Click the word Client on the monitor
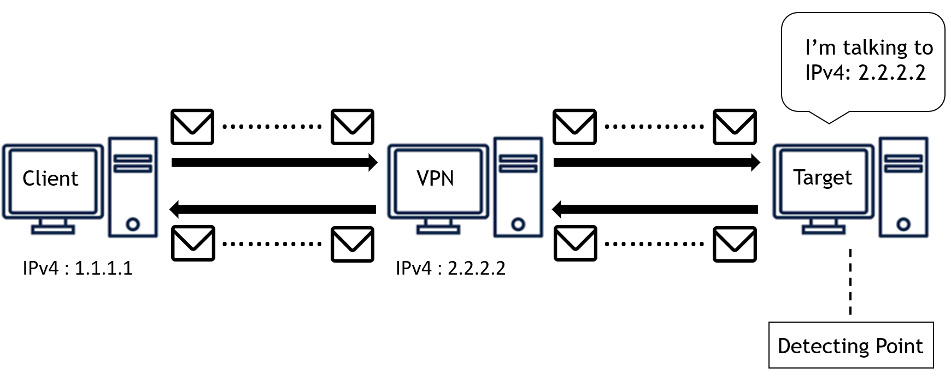pyautogui.click(x=50, y=179)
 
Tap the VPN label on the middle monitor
pyautogui.click(x=435, y=179)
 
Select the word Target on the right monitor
pyautogui.click(x=823, y=177)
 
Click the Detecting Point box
pyautogui.click(x=850, y=346)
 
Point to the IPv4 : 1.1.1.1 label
pyautogui.click(x=78, y=268)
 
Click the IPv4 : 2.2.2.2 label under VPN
pyautogui.click(x=450, y=268)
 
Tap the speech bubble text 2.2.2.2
pyautogui.click(x=891, y=73)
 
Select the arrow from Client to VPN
pyautogui.click(x=273, y=162)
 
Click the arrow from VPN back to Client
pyautogui.click(x=273, y=209)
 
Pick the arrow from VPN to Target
pyautogui.click(x=656, y=162)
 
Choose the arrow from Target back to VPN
pyautogui.click(x=656, y=209)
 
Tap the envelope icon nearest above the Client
pyautogui.click(x=192, y=127)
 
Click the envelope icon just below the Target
pyautogui.click(x=735, y=244)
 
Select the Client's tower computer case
pyautogui.click(x=133, y=187)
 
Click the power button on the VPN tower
pyautogui.click(x=518, y=224)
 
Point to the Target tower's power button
pyautogui.click(x=903, y=224)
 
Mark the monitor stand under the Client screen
pyautogui.click(x=53, y=227)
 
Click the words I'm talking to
pyautogui.click(x=869, y=48)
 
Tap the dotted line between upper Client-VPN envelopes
pyautogui.click(x=272, y=127)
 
